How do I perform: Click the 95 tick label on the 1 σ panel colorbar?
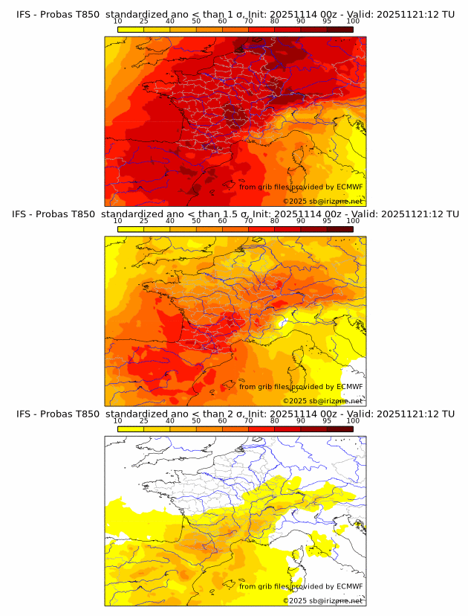coord(327,21)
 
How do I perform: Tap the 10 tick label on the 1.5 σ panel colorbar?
coord(117,221)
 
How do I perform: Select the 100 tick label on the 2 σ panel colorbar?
coord(353,420)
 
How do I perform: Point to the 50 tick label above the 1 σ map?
coord(196,21)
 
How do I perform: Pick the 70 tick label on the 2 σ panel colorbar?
coord(248,420)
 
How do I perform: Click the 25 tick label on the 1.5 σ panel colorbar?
coord(144,221)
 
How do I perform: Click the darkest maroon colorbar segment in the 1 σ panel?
coord(339,29)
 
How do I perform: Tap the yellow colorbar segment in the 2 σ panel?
coord(131,429)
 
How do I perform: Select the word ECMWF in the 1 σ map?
coord(350,187)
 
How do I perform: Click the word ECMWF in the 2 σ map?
coord(350,586)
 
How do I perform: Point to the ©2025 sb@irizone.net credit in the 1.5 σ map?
coord(322,400)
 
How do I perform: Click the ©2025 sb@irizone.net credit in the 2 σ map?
coord(322,600)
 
